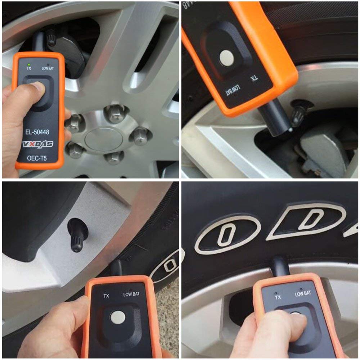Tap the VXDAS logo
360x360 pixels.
(38, 144)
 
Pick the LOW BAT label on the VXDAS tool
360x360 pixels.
(48, 68)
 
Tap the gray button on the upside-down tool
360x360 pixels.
(226, 57)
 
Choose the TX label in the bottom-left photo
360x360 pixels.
(106, 296)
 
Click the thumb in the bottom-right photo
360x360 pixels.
(284, 324)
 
